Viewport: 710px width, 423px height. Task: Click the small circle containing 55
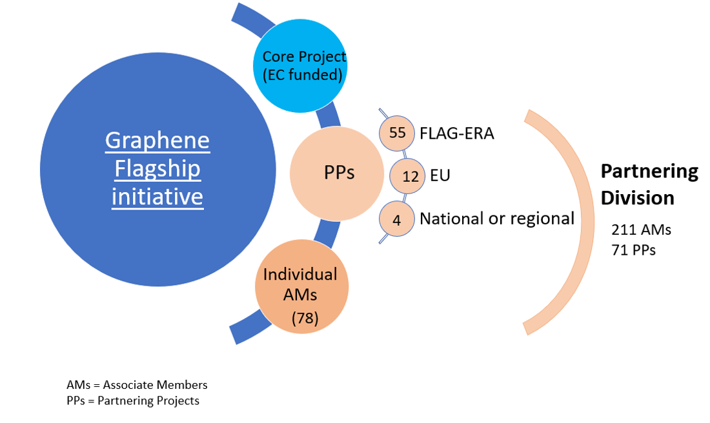[398, 133]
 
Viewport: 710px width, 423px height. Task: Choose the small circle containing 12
[411, 175]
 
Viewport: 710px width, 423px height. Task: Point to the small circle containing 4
[397, 219]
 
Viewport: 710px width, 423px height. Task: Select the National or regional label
[496, 219]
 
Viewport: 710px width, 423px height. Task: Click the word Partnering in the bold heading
[649, 172]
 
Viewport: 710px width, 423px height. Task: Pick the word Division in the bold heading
[638, 197]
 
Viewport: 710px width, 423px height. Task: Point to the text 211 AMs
[642, 229]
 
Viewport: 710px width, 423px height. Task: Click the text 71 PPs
[634, 250]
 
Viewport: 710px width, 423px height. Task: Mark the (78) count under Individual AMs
[305, 318]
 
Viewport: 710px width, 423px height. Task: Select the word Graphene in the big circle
[157, 141]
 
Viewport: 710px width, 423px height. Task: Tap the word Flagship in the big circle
[157, 169]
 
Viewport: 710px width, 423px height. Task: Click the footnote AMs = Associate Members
[137, 385]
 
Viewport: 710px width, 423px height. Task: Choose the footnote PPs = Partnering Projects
[133, 401]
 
